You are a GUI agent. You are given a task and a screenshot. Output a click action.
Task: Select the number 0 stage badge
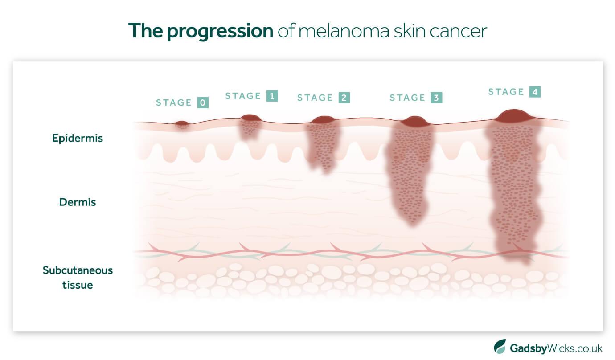(203, 103)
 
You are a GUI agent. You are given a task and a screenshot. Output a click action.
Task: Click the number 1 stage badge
(272, 96)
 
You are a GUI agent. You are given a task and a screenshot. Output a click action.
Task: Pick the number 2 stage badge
(344, 98)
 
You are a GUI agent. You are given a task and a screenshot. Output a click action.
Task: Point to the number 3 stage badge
(437, 98)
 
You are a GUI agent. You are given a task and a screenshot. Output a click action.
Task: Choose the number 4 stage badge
(535, 92)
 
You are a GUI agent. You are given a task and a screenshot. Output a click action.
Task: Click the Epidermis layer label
(78, 138)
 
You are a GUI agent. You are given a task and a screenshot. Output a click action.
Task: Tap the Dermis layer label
(78, 202)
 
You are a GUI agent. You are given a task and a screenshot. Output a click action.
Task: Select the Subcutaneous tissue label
(78, 277)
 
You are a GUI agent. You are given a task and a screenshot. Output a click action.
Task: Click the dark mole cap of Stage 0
(181, 123)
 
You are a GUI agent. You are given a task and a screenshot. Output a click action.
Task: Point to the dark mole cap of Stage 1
(251, 118)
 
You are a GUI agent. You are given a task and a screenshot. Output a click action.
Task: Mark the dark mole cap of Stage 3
(414, 121)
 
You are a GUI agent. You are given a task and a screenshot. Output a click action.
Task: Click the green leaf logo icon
(500, 347)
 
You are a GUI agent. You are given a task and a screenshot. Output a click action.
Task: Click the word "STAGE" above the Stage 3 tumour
(407, 98)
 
